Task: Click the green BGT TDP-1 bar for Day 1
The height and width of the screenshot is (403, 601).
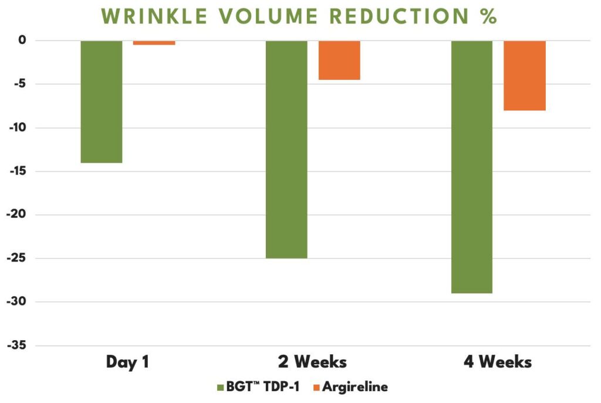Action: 102,101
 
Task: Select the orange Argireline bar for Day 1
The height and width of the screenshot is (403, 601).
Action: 154,43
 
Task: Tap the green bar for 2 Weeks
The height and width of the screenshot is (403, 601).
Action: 286,149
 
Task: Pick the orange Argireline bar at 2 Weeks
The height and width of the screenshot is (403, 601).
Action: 339,60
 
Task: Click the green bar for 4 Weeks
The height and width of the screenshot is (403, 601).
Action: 472,167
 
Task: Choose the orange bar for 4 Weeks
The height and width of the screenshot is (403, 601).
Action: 525,75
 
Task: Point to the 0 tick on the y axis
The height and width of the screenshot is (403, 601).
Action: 23,41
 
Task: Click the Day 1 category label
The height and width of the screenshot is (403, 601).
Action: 127,362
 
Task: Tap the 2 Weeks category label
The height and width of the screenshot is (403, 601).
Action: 312,362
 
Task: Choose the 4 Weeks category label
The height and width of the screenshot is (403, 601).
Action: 498,362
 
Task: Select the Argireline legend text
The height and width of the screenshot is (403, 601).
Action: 354,387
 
